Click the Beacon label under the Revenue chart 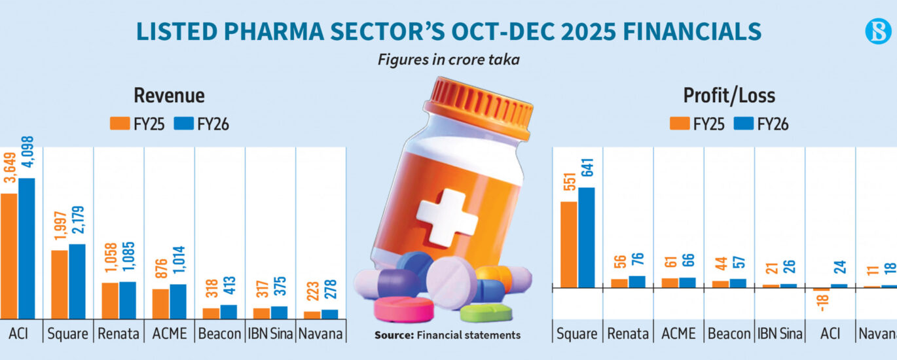pyautogui.click(x=220, y=334)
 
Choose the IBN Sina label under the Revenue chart pyautogui.click(x=270, y=334)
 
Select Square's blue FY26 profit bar pyautogui.click(x=586, y=238)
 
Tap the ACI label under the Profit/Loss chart pyautogui.click(x=830, y=334)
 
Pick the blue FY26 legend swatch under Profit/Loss pyautogui.click(x=744, y=123)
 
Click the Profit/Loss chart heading pyautogui.click(x=729, y=96)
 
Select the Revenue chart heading pyautogui.click(x=169, y=96)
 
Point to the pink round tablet pyautogui.click(x=403, y=309)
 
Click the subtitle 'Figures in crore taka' pyautogui.click(x=448, y=60)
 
